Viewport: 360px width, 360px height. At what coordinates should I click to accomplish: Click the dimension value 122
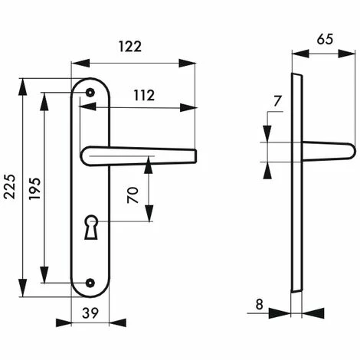pyautogui.click(x=130, y=47)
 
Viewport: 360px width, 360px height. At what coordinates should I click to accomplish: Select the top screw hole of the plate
pyautogui.click(x=90, y=93)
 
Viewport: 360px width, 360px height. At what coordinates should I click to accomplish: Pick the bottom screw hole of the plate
pyautogui.click(x=90, y=283)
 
